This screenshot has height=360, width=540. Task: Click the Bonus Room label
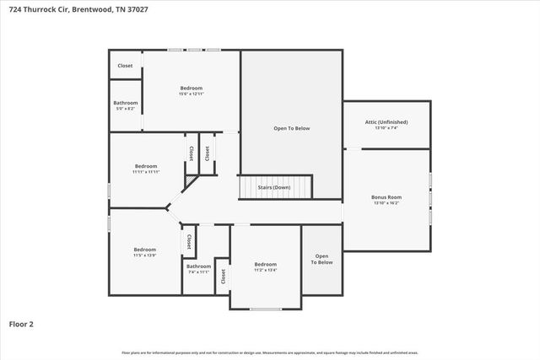[x=386, y=197]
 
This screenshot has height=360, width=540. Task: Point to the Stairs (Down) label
[x=274, y=187]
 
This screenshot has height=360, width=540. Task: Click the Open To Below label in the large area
[x=291, y=128]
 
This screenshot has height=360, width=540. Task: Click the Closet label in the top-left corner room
[x=125, y=65]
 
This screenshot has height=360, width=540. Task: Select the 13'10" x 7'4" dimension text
[x=386, y=128]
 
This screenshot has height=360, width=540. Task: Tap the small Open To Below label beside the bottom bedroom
[x=322, y=259]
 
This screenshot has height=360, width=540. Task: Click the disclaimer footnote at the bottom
[x=269, y=352]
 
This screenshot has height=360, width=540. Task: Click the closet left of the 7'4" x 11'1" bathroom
[x=188, y=242]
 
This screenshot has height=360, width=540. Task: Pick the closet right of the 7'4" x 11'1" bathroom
[x=223, y=276]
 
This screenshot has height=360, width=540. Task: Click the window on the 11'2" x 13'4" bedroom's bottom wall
[x=265, y=309]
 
